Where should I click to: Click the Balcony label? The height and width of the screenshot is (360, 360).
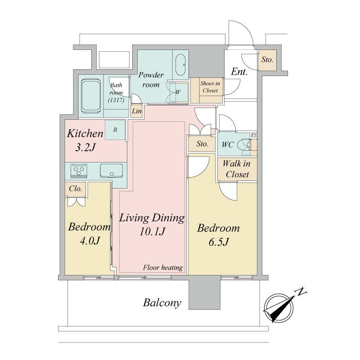pyautogui.click(x=162, y=303)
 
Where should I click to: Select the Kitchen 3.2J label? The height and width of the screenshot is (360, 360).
pyautogui.click(x=85, y=140)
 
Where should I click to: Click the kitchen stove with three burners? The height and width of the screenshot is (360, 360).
pyautogui.click(x=79, y=171)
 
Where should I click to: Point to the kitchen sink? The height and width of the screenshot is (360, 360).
pyautogui.click(x=111, y=171)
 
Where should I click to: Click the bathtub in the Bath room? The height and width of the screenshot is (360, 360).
pyautogui.click(x=91, y=96)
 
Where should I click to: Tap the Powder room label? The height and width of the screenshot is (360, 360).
pyautogui.click(x=151, y=80)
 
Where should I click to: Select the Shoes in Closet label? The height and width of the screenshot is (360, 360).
pyautogui.click(x=210, y=87)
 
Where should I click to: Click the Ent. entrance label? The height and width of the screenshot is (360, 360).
pyautogui.click(x=239, y=72)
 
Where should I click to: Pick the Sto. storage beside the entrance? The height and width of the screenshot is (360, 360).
pyautogui.click(x=267, y=60)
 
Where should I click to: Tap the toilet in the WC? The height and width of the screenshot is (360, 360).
pyautogui.click(x=244, y=145)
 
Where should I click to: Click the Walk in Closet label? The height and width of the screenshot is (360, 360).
pyautogui.click(x=237, y=169)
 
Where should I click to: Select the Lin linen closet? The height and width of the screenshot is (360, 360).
pyautogui.click(x=137, y=111)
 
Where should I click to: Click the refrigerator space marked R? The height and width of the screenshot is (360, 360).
pyautogui.click(x=115, y=130)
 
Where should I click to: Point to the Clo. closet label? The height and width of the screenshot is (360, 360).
pyautogui.click(x=75, y=189)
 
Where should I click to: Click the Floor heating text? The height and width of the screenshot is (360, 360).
pyautogui.click(x=163, y=267)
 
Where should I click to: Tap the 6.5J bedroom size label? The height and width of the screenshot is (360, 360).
pyautogui.click(x=219, y=242)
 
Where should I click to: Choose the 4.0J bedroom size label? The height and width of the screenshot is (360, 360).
pyautogui.click(x=90, y=241)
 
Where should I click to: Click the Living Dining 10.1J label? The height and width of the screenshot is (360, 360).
pyautogui.click(x=152, y=225)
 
